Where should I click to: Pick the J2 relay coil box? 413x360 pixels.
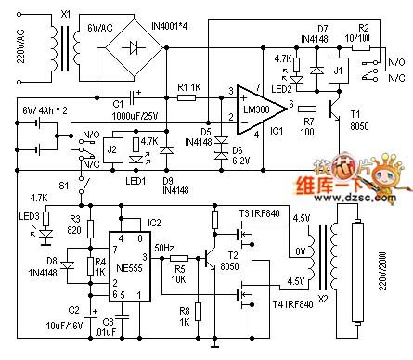click(111, 147)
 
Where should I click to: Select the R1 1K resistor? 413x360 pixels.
click(184, 96)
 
